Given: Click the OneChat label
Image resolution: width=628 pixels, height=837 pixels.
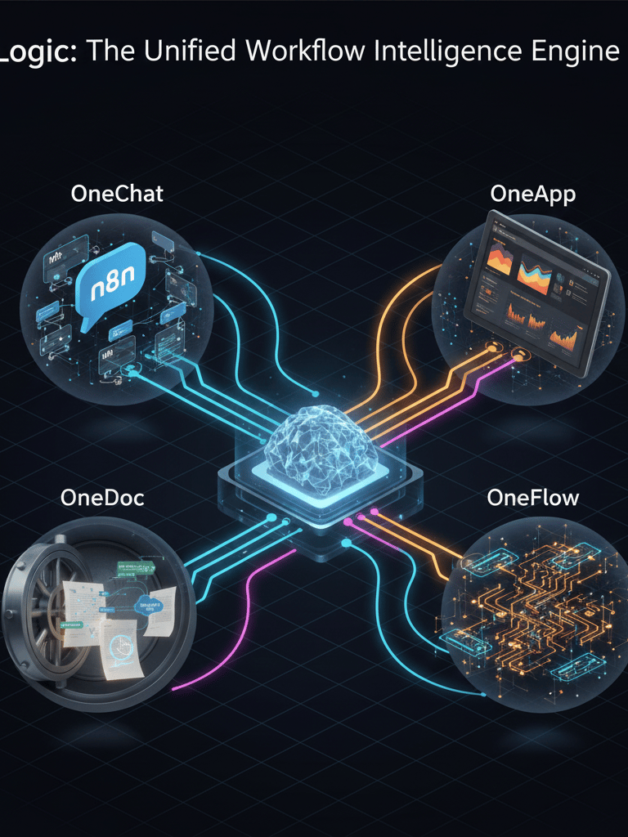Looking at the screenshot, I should [117, 194].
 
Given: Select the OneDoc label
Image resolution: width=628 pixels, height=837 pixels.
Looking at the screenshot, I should [102, 497].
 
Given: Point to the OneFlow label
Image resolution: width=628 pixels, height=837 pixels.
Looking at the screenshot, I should [532, 497].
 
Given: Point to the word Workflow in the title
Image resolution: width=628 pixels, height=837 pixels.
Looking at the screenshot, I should [303, 51].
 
